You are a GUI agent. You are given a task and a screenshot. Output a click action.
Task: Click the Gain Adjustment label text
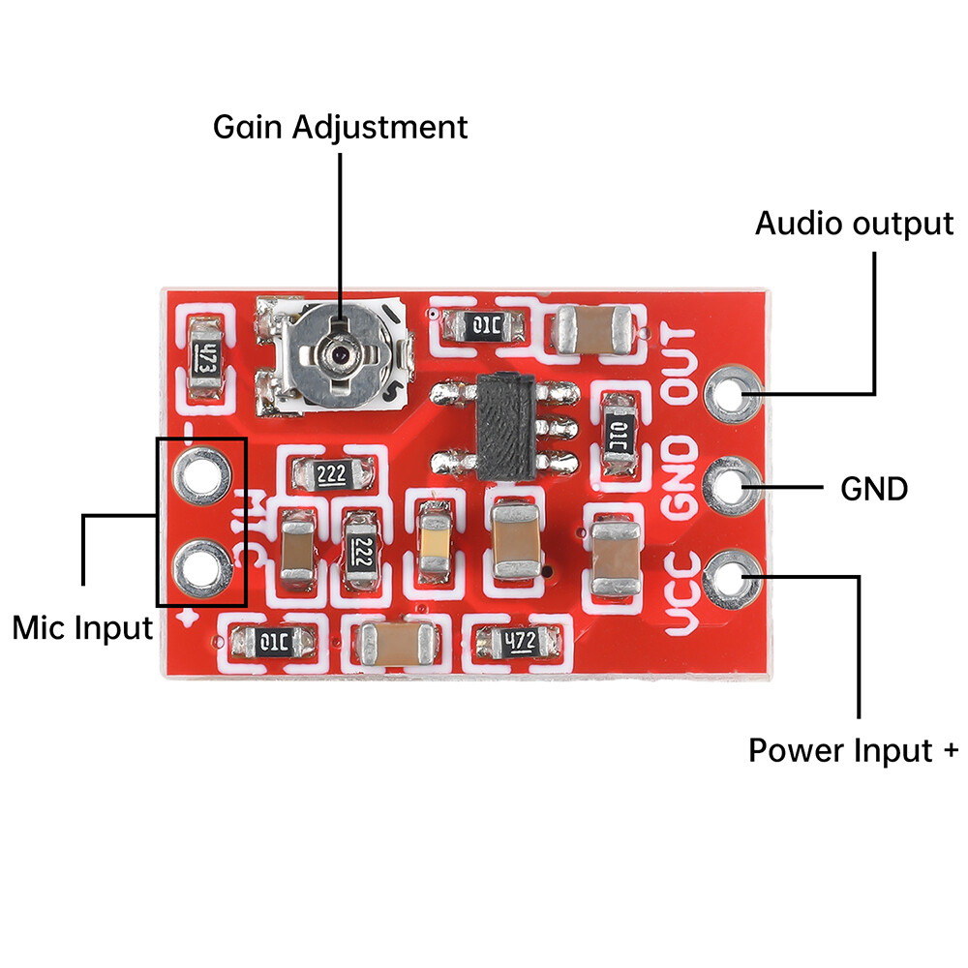click(x=340, y=127)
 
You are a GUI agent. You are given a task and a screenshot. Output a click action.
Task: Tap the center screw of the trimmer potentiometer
click(x=339, y=355)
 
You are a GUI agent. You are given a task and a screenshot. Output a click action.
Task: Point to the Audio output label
click(x=854, y=224)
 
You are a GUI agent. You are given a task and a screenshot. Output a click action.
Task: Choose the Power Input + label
click(x=853, y=750)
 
